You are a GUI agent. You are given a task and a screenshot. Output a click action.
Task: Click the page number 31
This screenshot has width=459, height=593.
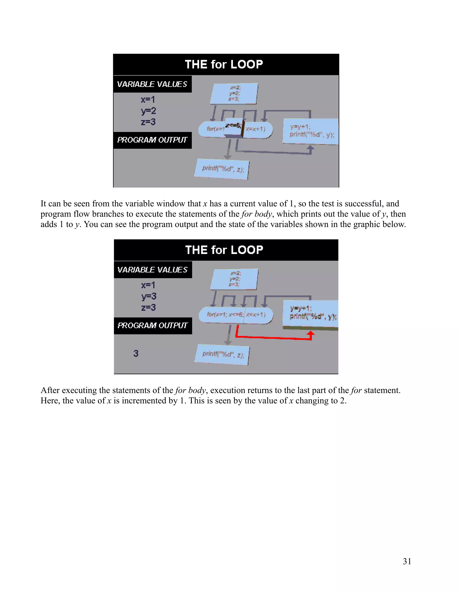tap(407, 561)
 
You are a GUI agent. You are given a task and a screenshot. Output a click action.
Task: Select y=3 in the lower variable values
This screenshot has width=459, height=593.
tap(149, 296)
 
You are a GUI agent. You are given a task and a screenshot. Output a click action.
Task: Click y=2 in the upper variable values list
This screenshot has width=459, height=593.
tap(148, 111)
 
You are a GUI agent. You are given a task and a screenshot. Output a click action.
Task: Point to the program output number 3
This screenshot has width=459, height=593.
tap(136, 353)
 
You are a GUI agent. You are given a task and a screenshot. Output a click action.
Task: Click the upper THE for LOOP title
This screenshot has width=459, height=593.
tap(224, 65)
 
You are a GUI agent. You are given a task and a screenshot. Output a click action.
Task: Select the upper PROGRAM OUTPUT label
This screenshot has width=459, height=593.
tap(152, 140)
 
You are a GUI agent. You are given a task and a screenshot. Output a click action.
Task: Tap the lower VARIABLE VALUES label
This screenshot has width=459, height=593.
tap(152, 270)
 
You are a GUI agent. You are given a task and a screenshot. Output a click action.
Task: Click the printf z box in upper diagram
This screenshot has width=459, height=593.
tap(222, 169)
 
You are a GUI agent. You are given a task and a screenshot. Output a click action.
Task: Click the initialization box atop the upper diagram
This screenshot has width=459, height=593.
tap(234, 93)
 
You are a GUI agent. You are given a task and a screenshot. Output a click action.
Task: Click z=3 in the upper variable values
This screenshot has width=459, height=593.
tap(148, 122)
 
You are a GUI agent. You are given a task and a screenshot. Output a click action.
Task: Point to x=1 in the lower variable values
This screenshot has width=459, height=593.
tap(148, 285)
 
